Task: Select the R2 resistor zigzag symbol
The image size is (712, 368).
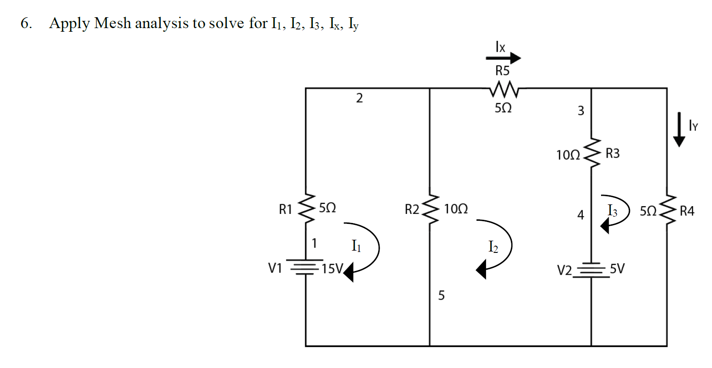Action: point(430,209)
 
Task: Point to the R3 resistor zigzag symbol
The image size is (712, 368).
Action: point(592,153)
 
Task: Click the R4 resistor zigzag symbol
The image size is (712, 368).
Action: point(667,210)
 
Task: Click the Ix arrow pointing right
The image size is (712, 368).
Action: point(503,58)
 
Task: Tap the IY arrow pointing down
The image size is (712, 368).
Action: point(679,130)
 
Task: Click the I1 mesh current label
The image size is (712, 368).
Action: point(356,246)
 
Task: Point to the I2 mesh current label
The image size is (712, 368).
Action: point(493,247)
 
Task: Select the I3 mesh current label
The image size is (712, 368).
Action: point(612,210)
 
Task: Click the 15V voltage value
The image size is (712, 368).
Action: point(332,269)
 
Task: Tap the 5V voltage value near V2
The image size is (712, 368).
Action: point(617,269)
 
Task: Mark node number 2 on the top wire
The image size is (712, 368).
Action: point(359,98)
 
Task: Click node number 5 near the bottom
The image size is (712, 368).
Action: point(441,295)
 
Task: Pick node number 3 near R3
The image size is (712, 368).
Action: point(581,111)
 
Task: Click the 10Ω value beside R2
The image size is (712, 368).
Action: point(456,209)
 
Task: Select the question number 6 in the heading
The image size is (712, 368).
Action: point(26,23)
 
